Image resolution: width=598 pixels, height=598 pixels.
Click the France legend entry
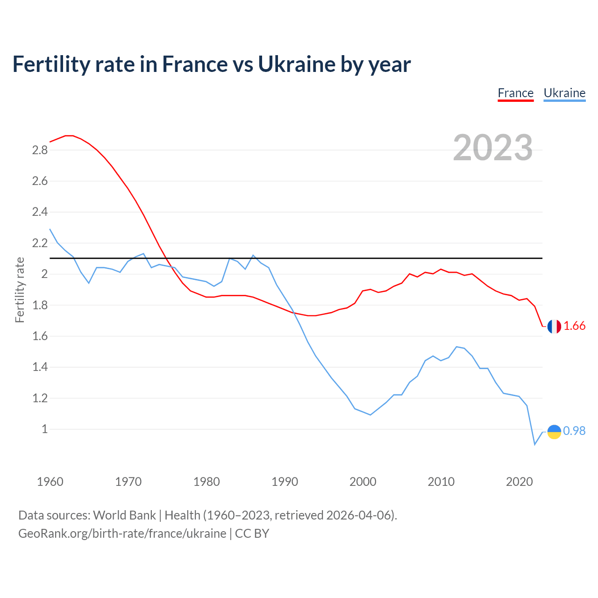[x=515, y=93]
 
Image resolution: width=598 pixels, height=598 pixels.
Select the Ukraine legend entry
[x=564, y=93]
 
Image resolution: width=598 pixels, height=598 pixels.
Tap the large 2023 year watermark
[x=493, y=148]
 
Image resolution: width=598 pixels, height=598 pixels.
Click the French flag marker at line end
[x=554, y=326]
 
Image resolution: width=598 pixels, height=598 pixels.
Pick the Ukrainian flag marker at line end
[x=554, y=432]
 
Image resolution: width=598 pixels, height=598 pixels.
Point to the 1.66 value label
[x=574, y=326]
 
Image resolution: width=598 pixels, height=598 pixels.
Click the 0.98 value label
[x=574, y=431]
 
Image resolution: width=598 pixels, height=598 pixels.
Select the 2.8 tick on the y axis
[x=40, y=150]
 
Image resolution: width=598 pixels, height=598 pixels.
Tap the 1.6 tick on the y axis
[x=40, y=336]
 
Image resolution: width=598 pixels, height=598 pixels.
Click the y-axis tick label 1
[x=45, y=429]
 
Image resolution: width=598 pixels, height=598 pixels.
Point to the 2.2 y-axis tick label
[x=40, y=243]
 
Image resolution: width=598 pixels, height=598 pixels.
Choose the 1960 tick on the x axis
[x=50, y=482]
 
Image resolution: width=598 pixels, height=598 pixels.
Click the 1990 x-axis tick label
[x=285, y=482]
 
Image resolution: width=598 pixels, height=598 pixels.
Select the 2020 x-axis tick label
[x=519, y=482]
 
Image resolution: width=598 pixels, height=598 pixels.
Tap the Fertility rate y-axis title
[x=20, y=290]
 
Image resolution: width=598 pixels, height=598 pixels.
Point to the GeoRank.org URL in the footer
[x=122, y=534]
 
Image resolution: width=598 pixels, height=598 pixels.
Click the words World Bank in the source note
[x=124, y=515]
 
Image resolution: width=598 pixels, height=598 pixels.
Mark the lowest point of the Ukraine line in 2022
[x=534, y=444]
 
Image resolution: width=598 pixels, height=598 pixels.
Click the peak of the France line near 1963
[x=69, y=135]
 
